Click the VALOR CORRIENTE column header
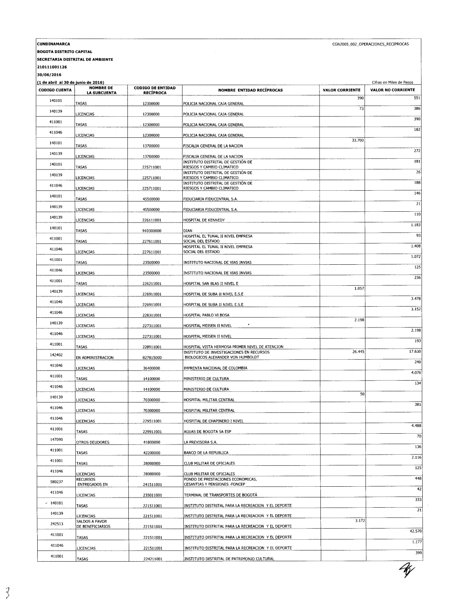coord(342,90)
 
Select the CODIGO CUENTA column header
coord(54,90)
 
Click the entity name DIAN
coord(188,231)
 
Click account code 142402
coord(56,355)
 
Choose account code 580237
coord(56,482)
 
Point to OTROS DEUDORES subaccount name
coord(93,443)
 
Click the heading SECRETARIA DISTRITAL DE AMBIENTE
coord(75,60)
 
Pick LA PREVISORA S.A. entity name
coord(201,443)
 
